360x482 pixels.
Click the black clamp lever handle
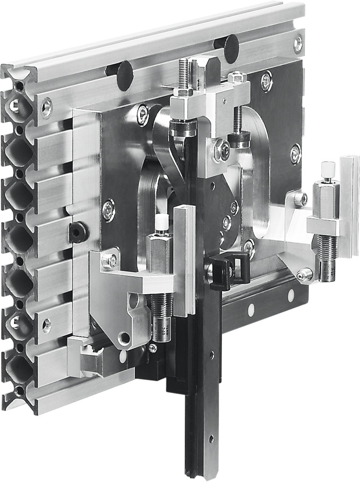pos(229,271)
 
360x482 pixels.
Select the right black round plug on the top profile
pos(231,48)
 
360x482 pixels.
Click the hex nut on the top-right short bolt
pos(237,77)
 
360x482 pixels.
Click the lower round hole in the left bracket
pos(125,337)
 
